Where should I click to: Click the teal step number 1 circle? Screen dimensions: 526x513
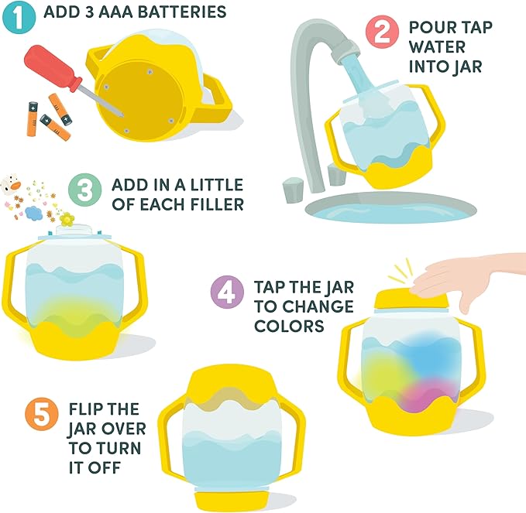coord(19,17)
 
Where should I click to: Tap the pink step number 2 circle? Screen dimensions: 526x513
coord(382,32)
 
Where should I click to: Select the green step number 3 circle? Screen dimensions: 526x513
coord(84,190)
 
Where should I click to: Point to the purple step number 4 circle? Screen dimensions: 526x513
coord(227,292)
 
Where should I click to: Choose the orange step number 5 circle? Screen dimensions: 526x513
coord(42,414)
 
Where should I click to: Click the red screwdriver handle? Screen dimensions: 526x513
coord(53,68)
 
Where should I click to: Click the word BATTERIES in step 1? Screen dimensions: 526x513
coord(182,12)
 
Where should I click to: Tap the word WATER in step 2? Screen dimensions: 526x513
coord(437,47)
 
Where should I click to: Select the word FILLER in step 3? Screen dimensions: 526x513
coord(217,204)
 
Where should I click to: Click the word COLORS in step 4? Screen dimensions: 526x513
coord(289,326)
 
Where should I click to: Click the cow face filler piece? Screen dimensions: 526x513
coord(10,184)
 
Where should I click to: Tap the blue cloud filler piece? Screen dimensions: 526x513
coord(33,213)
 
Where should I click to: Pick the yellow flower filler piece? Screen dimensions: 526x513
coord(67,219)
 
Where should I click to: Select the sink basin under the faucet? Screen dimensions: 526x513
coord(390,207)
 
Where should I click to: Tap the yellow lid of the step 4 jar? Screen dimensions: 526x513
coord(411,300)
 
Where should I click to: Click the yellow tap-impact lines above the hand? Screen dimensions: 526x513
coord(400,270)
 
